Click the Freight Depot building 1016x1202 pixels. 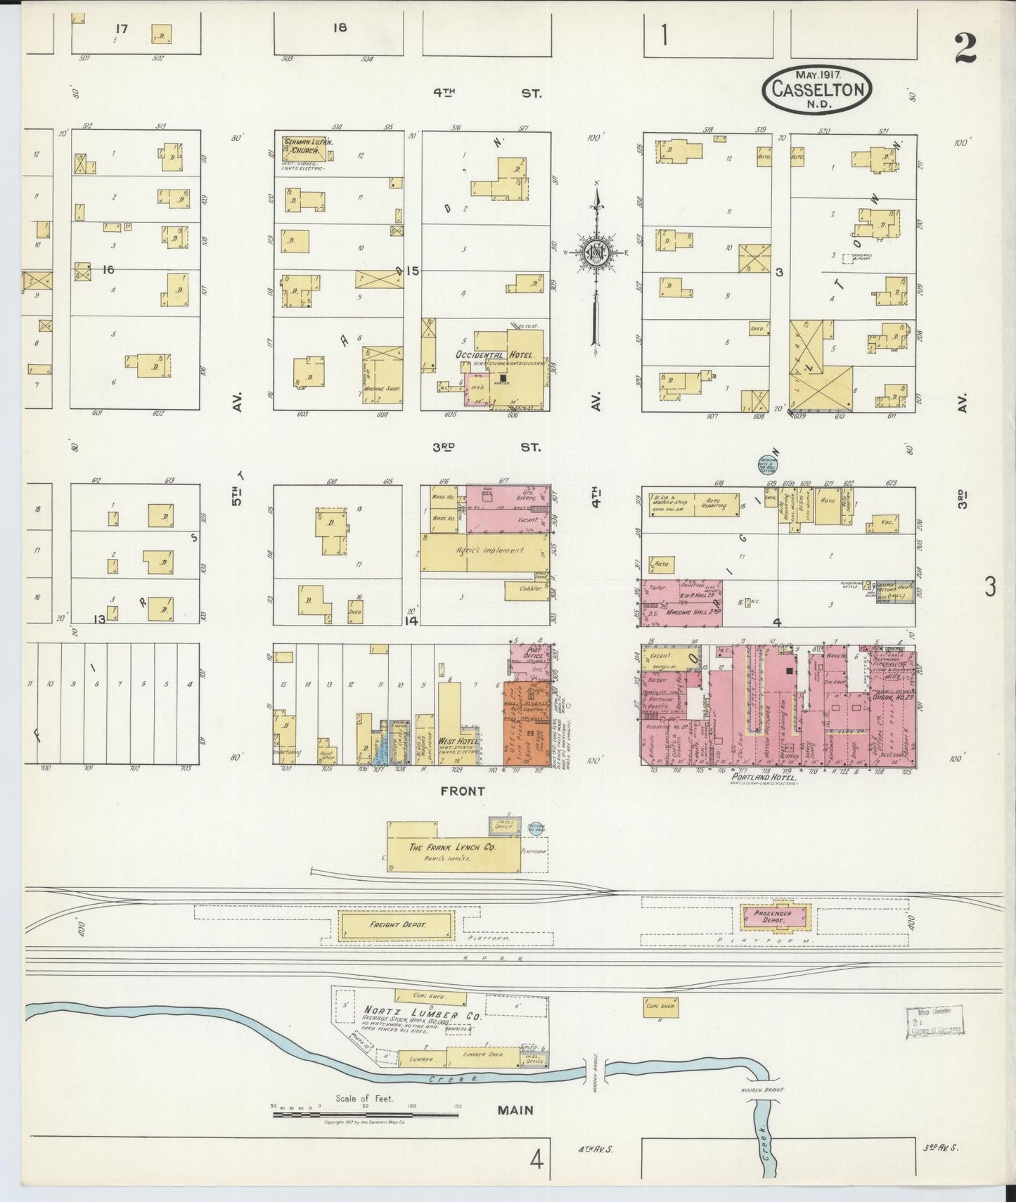click(x=396, y=924)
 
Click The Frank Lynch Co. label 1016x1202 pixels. click(x=452, y=848)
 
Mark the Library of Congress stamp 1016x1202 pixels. click(x=934, y=1021)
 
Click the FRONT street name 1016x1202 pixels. click(x=462, y=791)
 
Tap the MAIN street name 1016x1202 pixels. click(x=515, y=1111)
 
